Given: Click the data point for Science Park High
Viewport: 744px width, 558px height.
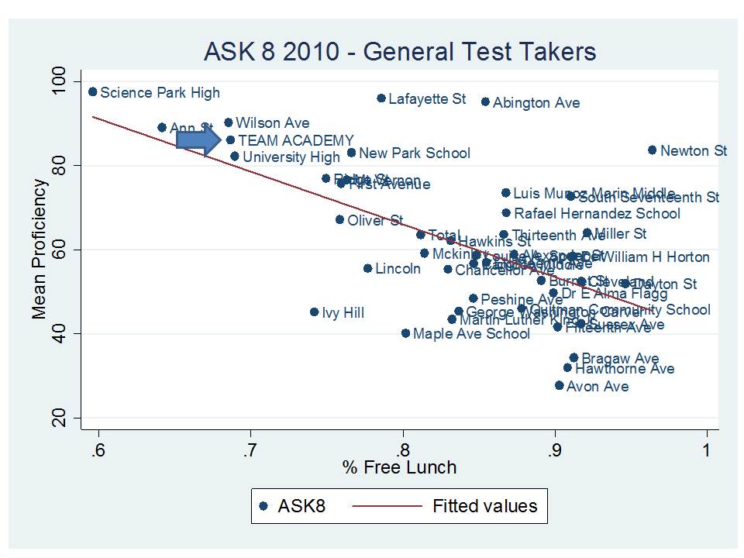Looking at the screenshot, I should click(93, 91).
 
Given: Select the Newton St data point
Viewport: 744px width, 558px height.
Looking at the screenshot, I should click(652, 150).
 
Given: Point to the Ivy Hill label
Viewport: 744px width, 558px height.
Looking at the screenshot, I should click(343, 313).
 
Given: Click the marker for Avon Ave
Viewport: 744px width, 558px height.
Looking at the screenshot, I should click(559, 385).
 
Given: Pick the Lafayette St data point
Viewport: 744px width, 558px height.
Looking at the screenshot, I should click(381, 98).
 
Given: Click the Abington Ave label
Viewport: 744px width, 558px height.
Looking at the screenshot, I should click(536, 102).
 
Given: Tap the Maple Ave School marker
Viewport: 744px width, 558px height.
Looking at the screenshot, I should click(405, 333).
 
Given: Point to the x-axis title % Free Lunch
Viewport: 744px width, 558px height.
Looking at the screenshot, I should click(401, 467).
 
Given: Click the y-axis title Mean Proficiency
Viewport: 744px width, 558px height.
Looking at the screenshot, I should click(40, 249).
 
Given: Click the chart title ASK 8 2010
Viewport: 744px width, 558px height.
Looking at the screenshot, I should click(400, 52).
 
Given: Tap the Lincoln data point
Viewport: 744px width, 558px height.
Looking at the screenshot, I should click(367, 268).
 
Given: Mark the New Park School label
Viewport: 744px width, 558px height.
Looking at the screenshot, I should click(415, 153).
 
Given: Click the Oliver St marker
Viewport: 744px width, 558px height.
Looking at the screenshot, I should click(339, 219).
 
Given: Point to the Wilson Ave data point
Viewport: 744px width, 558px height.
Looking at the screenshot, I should click(229, 122).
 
